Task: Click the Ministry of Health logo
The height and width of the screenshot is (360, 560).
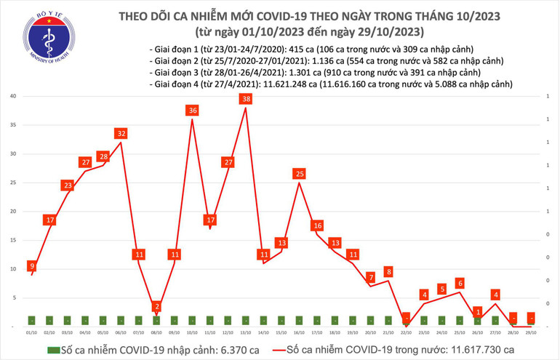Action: (x=28, y=37)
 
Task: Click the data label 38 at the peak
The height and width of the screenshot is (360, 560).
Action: (x=246, y=99)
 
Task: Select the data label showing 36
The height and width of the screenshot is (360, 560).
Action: (x=193, y=111)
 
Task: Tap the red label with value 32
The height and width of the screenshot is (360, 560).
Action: (x=121, y=133)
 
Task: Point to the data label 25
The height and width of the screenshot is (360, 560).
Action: (x=299, y=174)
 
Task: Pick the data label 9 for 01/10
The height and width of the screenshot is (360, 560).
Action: (x=31, y=266)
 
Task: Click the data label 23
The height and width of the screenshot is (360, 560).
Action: (x=68, y=185)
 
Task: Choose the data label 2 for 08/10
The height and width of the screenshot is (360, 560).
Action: (x=157, y=307)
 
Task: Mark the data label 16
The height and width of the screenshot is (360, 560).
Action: (x=317, y=225)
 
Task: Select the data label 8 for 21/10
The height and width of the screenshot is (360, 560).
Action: (x=388, y=272)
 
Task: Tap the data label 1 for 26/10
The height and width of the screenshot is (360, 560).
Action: (x=477, y=311)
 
